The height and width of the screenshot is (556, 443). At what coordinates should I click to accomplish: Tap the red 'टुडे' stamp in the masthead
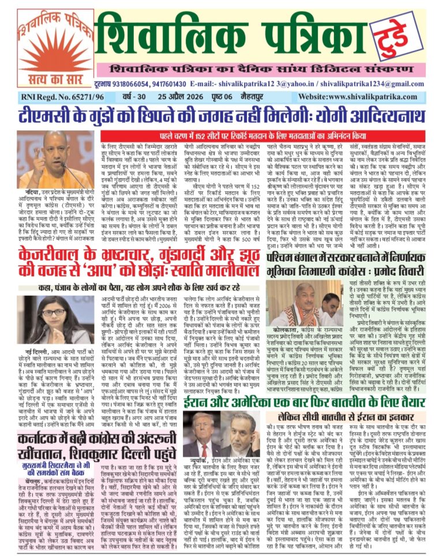pos(399,33)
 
